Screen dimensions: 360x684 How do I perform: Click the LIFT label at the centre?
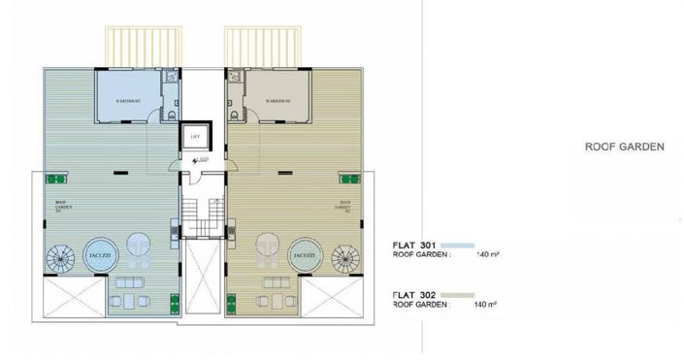197,136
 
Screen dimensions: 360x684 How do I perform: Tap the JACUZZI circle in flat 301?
98,255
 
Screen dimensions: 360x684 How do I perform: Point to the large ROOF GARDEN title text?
624,148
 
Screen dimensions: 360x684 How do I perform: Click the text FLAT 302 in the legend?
413,293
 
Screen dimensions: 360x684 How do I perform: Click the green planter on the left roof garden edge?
56,180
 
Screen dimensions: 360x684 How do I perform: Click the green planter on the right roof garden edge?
345,180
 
